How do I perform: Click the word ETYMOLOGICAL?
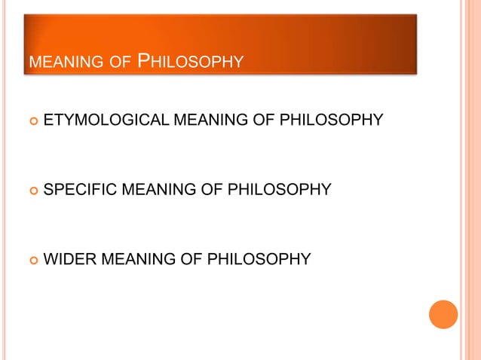pyautogui.click(x=107, y=120)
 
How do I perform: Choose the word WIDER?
pyautogui.click(x=69, y=259)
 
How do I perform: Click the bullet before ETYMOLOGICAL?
pyautogui.click(x=31, y=121)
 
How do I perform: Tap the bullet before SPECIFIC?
pyautogui.click(x=31, y=191)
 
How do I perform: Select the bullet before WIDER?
pyautogui.click(x=31, y=260)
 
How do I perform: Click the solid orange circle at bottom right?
pyautogui.click(x=443, y=314)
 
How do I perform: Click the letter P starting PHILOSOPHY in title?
pyautogui.click(x=146, y=59)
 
